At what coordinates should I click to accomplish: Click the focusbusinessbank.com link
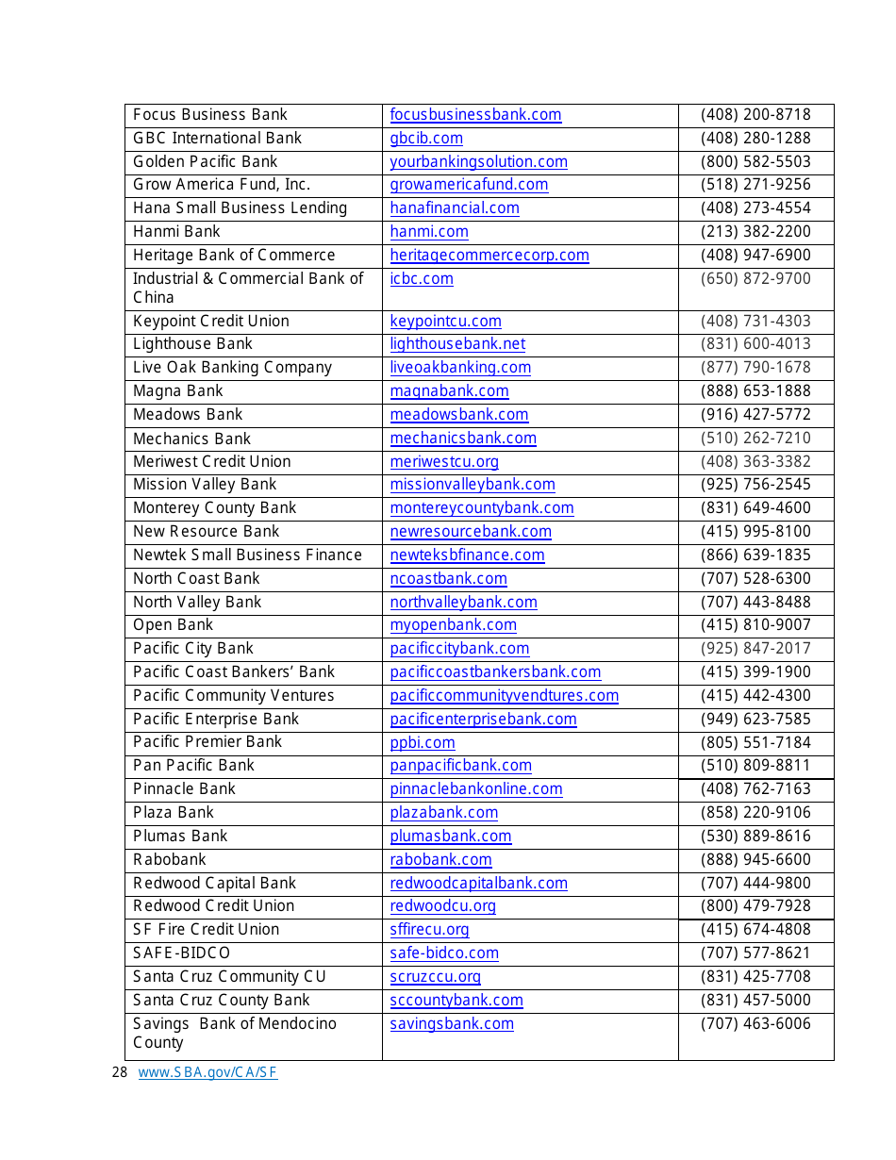point(475,115)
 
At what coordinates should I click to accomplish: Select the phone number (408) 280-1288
point(755,139)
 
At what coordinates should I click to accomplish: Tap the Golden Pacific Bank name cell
point(206,162)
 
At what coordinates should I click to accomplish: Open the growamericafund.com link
point(469,185)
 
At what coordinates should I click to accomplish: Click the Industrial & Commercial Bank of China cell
point(247,288)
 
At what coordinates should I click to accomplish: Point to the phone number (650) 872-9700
point(755,279)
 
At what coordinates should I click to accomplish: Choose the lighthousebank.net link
point(457,344)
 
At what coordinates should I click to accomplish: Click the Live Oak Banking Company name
point(232,368)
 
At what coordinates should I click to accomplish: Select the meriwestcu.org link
point(444,462)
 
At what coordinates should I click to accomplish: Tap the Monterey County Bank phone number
point(755,508)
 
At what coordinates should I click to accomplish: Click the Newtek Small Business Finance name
point(247,555)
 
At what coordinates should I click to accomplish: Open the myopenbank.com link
point(453,625)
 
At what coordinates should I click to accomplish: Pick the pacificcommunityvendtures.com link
point(504,696)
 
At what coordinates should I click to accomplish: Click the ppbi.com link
point(423,743)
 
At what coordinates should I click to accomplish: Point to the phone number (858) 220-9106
point(755,813)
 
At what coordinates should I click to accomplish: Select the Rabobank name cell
point(169,860)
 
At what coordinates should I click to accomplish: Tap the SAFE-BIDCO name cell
point(181,953)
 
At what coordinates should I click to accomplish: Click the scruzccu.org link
point(435,977)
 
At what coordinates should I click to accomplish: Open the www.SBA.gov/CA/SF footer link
point(207,1072)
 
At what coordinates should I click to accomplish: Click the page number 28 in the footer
point(119,1072)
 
